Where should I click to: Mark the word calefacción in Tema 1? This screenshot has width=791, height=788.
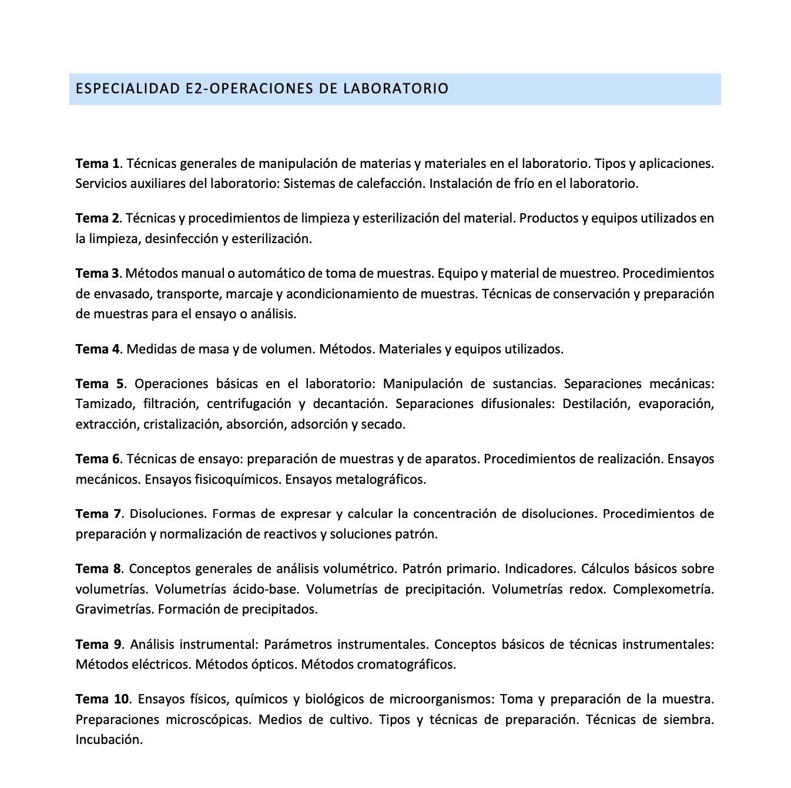[x=389, y=183]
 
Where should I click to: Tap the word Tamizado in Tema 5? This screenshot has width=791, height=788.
[x=102, y=404]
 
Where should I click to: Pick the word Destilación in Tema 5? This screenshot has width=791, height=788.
[x=595, y=404]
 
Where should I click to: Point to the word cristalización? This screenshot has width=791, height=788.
[x=181, y=424]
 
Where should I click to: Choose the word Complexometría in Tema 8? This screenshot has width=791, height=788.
[x=663, y=589]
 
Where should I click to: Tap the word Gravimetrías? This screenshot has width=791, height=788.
[x=115, y=609]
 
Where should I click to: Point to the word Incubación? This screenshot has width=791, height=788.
[x=109, y=739]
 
